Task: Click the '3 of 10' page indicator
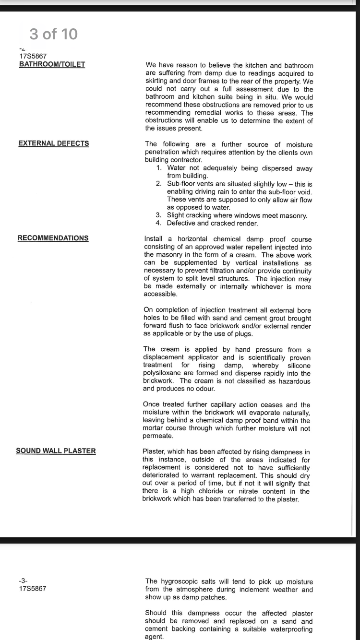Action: (x=53, y=34)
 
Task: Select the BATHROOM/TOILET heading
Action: (x=52, y=64)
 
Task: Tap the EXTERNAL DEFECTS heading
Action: (x=53, y=143)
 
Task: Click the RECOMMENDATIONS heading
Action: (x=53, y=238)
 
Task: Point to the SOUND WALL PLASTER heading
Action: (x=56, y=451)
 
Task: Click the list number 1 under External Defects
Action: (x=159, y=168)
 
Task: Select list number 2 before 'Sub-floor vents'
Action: (x=158, y=184)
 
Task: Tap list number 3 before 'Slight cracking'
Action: (x=158, y=215)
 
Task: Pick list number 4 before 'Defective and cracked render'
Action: (x=158, y=223)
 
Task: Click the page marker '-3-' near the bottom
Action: (x=23, y=581)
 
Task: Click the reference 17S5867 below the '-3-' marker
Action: (x=33, y=589)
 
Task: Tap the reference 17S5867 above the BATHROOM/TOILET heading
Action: (x=33, y=56)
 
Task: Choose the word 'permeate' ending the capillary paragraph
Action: (x=157, y=436)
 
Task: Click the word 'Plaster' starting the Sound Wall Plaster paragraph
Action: (x=154, y=451)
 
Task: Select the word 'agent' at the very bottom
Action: (x=154, y=637)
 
